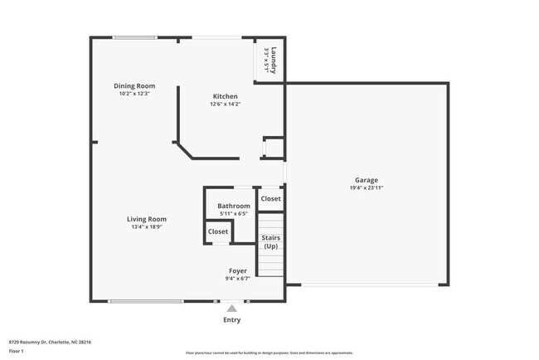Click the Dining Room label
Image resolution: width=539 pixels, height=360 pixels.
point(134,85)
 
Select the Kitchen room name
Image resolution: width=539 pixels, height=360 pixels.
point(226,96)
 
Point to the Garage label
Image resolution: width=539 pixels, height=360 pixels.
point(367,180)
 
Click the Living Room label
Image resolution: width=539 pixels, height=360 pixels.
point(146,219)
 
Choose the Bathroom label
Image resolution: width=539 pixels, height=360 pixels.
point(234,206)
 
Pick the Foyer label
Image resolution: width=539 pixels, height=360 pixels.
point(238,271)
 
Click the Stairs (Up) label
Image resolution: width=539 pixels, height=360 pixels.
point(270,242)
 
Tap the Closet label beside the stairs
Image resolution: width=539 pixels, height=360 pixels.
point(270,198)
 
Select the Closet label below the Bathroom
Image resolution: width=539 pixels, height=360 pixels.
point(218,231)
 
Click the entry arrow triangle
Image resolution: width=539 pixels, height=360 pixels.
point(232,308)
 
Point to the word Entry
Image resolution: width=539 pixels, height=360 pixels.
point(232,319)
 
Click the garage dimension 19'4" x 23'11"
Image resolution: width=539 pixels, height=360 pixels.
point(367,188)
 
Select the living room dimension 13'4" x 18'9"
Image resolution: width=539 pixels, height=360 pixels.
point(146,226)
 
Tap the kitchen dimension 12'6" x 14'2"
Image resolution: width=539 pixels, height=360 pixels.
point(226,105)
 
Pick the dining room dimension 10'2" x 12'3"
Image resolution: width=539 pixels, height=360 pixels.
point(134,93)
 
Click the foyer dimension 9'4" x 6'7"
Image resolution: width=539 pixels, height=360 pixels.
point(238,279)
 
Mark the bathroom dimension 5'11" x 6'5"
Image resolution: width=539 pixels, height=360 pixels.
point(234,213)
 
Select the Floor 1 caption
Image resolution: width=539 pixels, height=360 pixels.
point(17,351)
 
